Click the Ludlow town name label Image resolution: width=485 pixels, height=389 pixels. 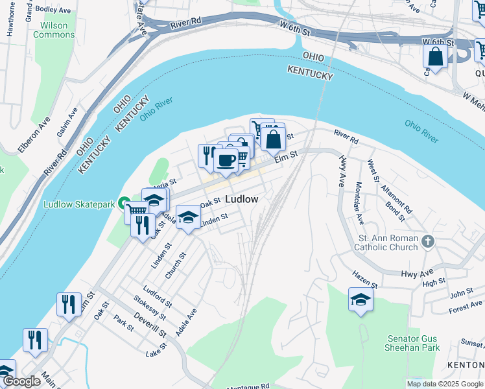point(242,199)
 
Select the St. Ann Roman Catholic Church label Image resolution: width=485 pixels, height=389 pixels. point(388,242)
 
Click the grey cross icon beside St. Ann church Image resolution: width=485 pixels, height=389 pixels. point(427,242)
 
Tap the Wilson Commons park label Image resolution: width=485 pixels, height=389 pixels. point(54,30)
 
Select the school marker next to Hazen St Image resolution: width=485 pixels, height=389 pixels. point(361,299)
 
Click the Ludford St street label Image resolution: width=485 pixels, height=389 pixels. point(158,295)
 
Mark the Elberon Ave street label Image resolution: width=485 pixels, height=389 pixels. point(34,135)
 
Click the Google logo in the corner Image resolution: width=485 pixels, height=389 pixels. point(21,381)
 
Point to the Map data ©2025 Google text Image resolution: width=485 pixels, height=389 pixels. point(444,384)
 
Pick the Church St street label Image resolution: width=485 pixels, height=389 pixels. point(175,265)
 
